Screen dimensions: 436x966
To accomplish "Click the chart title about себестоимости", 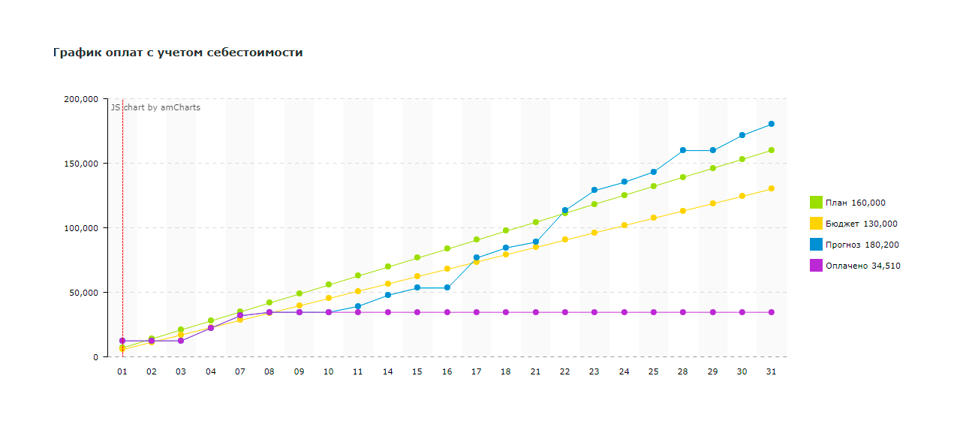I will click(178, 53).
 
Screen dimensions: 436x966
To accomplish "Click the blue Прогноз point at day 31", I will click(771, 124).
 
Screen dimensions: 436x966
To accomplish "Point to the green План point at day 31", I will click(771, 150).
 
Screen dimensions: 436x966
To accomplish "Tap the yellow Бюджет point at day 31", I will click(771, 188).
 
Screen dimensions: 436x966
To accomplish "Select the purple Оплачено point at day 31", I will click(771, 312).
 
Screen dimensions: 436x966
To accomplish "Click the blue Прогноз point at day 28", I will click(683, 150).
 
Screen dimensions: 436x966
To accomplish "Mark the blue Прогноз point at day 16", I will click(447, 287).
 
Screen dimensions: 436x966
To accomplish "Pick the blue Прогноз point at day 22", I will click(565, 210).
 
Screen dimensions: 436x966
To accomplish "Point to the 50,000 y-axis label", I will click(85, 293).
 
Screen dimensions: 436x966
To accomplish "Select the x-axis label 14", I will click(388, 371).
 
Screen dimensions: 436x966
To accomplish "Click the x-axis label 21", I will click(535, 371).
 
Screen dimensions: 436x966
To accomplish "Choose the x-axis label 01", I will click(122, 371).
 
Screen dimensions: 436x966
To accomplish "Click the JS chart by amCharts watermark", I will click(156, 107).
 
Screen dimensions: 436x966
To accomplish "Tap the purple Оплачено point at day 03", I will click(181, 341).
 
